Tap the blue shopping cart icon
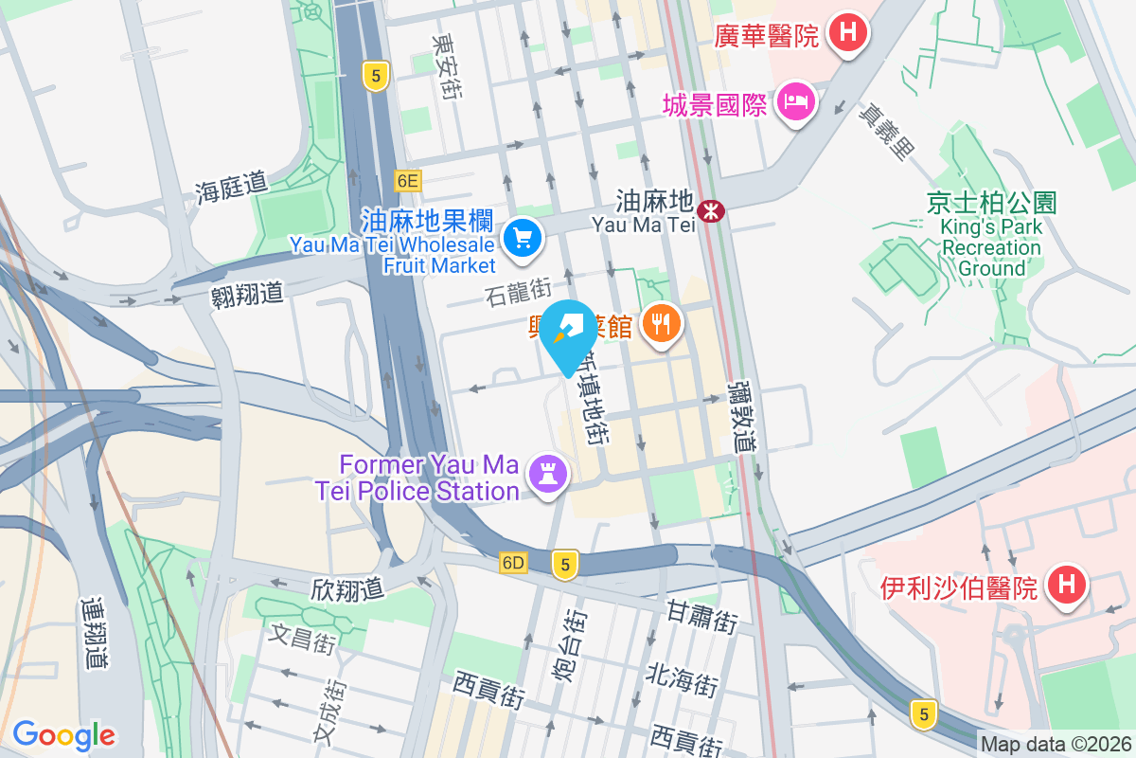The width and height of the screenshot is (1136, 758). pyautogui.click(x=522, y=238)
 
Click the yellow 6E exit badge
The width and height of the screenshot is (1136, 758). pyautogui.click(x=408, y=180)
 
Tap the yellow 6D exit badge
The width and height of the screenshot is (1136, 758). pyautogui.click(x=513, y=563)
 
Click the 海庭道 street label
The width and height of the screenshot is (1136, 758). pyautogui.click(x=232, y=189)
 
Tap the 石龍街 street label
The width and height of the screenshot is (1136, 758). pyautogui.click(x=517, y=285)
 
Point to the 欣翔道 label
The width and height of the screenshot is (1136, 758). pyautogui.click(x=347, y=588)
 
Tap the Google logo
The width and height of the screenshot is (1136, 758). pyautogui.click(x=63, y=734)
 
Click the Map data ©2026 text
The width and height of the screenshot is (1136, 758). pyautogui.click(x=1056, y=745)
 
